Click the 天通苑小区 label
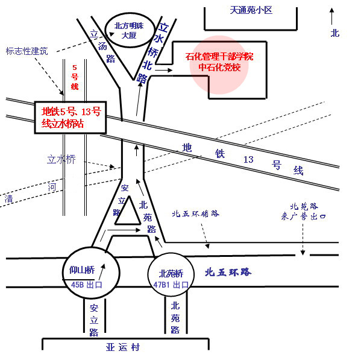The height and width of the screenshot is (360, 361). [x=251, y=10]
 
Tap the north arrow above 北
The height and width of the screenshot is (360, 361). [x=331, y=16]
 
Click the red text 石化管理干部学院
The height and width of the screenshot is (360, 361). [x=219, y=57]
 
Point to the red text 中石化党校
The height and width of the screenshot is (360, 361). [x=219, y=68]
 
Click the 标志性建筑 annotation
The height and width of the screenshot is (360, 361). [x=27, y=51]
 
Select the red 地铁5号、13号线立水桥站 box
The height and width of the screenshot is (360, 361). [x=71, y=118]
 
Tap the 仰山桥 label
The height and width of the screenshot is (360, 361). [x=82, y=270]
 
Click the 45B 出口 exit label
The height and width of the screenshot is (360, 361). [x=87, y=285]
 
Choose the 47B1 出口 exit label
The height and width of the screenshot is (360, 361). [x=171, y=285]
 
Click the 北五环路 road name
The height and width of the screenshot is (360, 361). [x=228, y=272]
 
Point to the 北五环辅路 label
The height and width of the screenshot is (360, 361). [x=196, y=213]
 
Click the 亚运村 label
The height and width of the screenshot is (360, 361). [x=123, y=347]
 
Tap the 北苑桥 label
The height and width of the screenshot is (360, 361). [x=171, y=274]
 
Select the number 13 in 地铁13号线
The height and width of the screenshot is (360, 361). [x=248, y=159]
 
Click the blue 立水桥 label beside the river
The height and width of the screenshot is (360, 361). [x=61, y=159]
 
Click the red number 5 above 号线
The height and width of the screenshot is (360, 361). [x=75, y=68]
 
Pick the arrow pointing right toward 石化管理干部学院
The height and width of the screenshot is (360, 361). [x=164, y=70]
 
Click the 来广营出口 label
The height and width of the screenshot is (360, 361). [x=303, y=216]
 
